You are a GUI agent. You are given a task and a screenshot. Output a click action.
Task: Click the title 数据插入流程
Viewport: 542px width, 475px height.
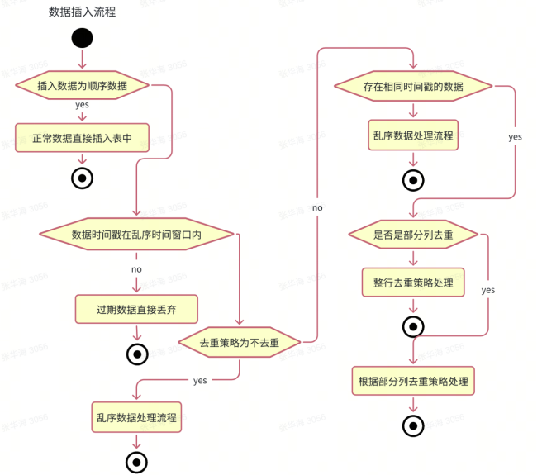82,12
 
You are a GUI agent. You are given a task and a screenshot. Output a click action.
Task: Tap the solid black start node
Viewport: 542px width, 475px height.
82,38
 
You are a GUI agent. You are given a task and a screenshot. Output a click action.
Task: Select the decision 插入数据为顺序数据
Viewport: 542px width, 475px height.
82,86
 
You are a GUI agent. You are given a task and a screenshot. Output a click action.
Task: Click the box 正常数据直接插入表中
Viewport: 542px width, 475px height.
82,138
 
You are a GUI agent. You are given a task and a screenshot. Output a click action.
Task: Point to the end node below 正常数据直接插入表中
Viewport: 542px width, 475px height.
82,178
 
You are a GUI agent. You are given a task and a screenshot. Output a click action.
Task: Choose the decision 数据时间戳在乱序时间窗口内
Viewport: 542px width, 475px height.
136,235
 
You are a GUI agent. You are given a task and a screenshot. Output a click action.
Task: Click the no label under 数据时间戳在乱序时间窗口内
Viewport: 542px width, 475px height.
136,269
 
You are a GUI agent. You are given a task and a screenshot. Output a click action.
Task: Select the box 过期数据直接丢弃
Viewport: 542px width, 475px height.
136,309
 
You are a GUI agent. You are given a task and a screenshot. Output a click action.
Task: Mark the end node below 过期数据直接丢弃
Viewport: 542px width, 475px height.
136,354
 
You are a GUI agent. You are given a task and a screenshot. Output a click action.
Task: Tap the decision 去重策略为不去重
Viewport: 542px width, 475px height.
240,342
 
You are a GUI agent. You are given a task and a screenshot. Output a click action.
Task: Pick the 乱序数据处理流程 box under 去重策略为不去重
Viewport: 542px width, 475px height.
135,417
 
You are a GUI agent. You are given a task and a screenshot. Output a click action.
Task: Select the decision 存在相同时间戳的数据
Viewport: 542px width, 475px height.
413,86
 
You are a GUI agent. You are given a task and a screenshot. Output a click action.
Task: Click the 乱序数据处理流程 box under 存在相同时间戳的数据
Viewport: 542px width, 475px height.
413,135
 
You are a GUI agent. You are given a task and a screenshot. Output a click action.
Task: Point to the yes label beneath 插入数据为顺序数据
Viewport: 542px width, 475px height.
82,105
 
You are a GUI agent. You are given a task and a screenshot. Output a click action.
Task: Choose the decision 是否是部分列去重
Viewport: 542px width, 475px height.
413,235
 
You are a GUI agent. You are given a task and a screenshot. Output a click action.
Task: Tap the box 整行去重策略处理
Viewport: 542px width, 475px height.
413,282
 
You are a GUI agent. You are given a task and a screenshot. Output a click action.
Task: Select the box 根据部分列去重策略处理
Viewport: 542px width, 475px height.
413,382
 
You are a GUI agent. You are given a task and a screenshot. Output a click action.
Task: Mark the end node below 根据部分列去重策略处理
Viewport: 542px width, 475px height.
413,425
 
